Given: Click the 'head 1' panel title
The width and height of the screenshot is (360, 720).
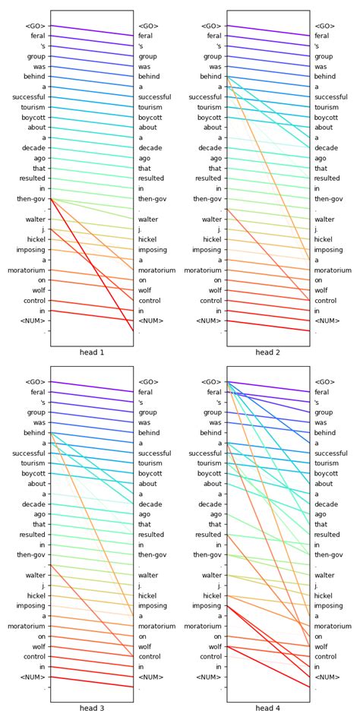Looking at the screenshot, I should click(91, 352).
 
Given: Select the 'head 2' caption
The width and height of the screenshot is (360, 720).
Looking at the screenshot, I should click(267, 352).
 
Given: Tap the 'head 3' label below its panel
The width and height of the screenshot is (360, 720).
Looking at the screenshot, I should click(91, 708).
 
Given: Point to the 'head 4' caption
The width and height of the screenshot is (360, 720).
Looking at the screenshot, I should click(267, 708).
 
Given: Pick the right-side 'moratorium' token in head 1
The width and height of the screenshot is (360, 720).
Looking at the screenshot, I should click(156, 270).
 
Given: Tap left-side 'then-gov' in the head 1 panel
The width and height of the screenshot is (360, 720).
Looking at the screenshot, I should click(32, 199).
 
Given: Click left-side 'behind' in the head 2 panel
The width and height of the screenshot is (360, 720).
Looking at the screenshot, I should click(210, 77).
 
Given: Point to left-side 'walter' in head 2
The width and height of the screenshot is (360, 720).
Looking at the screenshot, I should click(211, 219).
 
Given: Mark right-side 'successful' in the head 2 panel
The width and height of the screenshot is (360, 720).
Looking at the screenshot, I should click(330, 97).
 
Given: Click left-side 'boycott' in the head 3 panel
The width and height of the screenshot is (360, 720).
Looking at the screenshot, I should click(33, 474).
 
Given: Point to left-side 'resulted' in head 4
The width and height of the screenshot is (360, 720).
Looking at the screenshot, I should click(209, 535).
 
